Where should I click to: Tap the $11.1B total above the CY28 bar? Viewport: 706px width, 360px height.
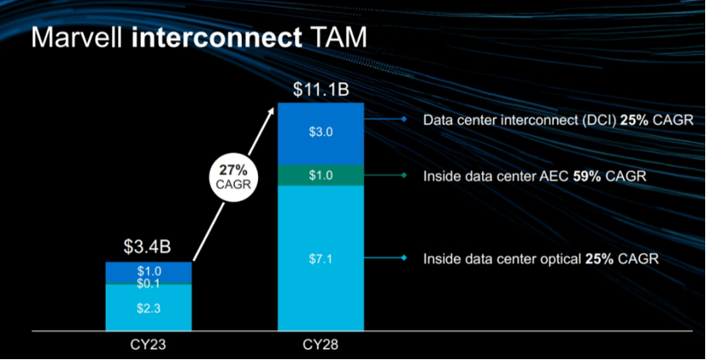[x=321, y=87]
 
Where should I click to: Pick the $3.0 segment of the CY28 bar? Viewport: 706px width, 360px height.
[x=321, y=132]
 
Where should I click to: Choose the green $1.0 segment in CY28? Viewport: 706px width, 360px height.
[x=321, y=174]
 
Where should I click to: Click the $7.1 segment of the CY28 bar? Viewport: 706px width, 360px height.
[x=321, y=257]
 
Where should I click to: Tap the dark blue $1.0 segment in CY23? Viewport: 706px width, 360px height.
[x=148, y=270]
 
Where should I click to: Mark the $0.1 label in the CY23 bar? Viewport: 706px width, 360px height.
[x=148, y=282]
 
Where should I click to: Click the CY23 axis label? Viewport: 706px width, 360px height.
[x=148, y=346]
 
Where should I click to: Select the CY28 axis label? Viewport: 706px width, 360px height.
[x=321, y=346]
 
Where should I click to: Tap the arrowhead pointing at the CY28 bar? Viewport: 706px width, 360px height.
[x=272, y=109]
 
